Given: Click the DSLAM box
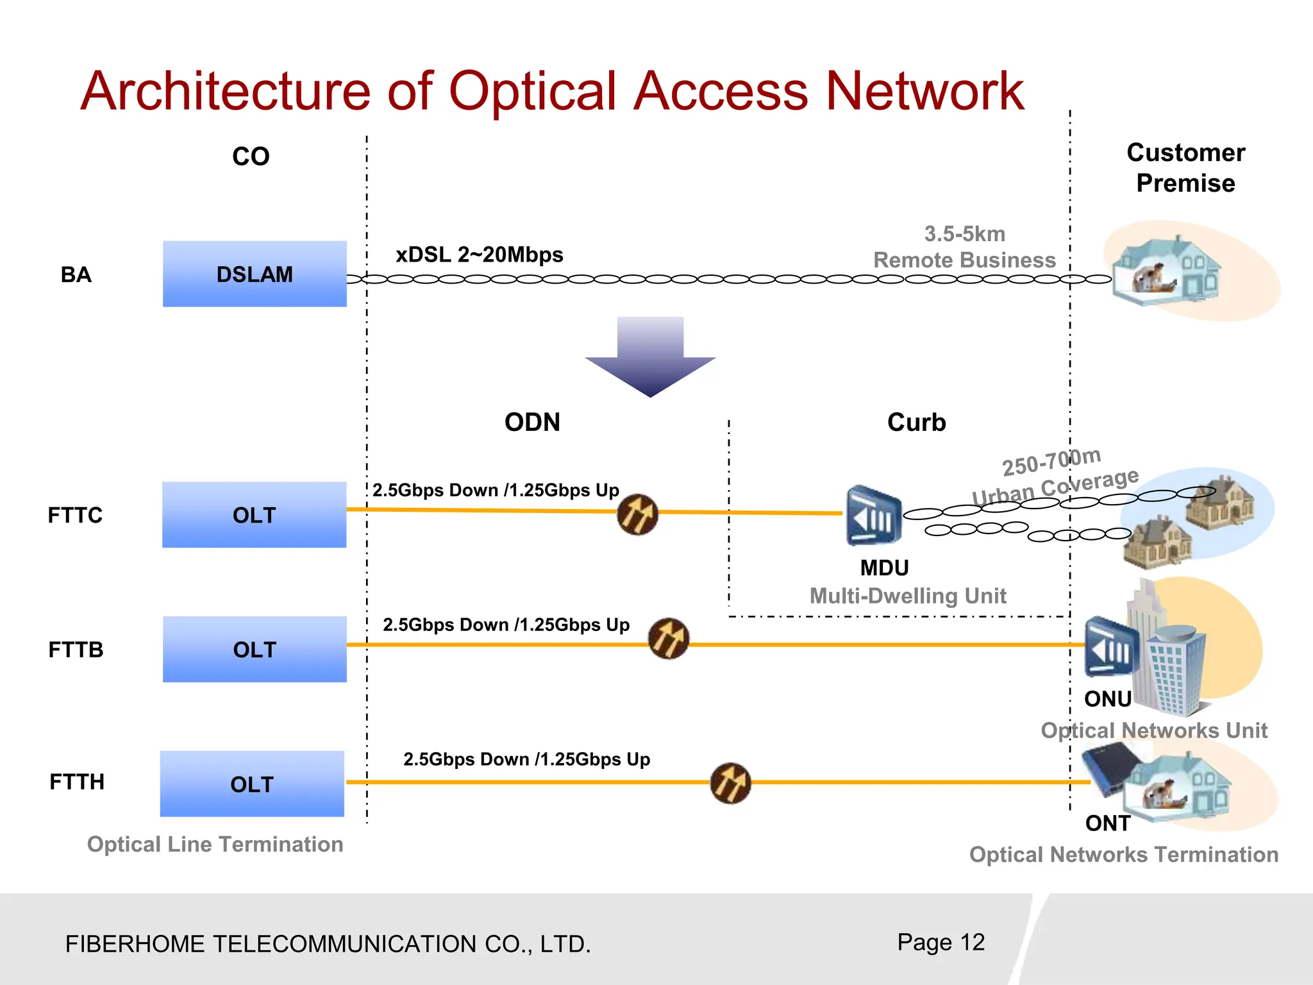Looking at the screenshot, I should pos(255,274).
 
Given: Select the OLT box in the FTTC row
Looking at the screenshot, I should pos(254,515).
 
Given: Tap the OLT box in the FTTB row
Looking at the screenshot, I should pos(255,649).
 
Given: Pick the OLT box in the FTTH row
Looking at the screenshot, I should pos(252,784).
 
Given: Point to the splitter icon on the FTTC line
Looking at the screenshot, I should pos(637,514).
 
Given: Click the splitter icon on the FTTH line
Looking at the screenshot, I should pos(730,783).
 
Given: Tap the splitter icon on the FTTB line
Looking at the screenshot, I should pos(668,639).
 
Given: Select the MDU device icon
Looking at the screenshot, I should pos(873,516).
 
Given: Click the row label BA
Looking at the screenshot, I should pos(76,274).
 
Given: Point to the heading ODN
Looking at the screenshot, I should pos(532,422).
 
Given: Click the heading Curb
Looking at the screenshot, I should pos(916,422).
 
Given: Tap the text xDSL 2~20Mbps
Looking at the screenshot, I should pos(479,255).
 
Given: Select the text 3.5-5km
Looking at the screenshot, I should pos(964,234).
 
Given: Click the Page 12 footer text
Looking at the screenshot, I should pos(941,942).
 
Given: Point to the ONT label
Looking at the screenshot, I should pos(1107,823).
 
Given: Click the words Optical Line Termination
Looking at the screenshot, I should pos(215,844).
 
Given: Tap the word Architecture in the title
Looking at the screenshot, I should pos(225,91).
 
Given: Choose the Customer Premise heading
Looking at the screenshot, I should pos(1185,168).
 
